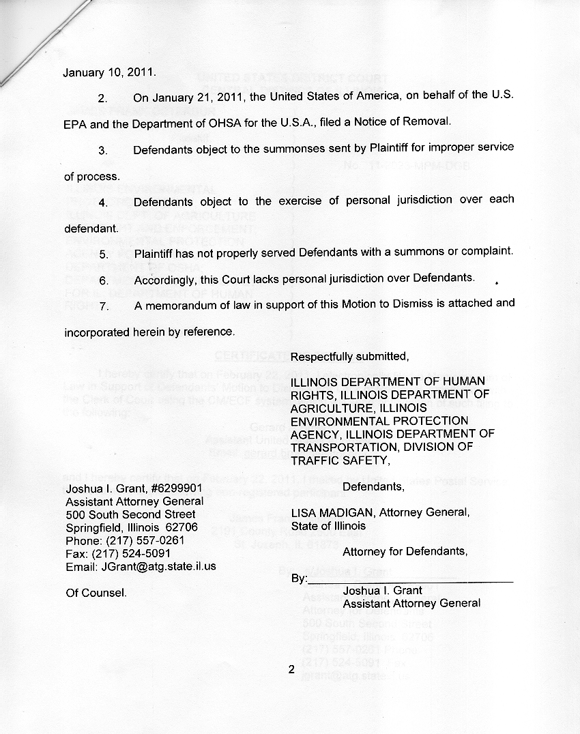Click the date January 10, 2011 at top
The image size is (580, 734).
coord(109,72)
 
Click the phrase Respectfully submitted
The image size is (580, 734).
coord(350,357)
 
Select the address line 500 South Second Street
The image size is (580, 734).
coord(130,514)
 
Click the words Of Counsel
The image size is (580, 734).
coord(96,593)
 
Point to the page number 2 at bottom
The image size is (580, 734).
coord(291,670)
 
